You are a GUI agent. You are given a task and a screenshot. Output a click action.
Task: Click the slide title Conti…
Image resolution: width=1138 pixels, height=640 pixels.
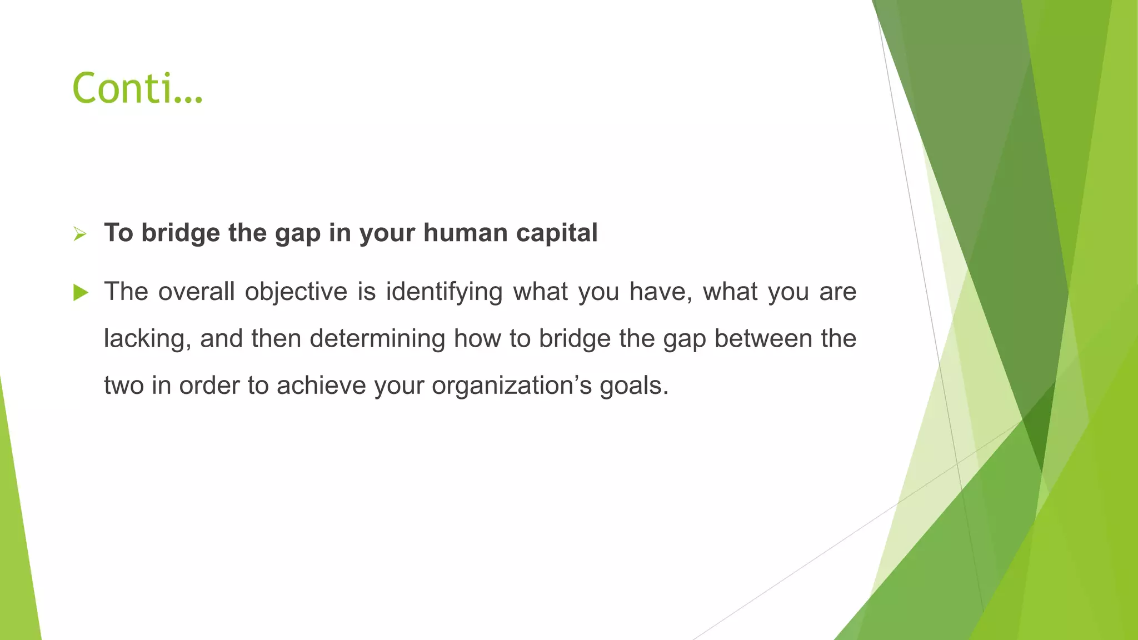pos(137,88)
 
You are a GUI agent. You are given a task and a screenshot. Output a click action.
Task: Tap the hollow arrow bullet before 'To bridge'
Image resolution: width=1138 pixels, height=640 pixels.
pos(80,234)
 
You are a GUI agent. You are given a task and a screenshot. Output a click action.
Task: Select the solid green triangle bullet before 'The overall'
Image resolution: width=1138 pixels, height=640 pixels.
pos(81,292)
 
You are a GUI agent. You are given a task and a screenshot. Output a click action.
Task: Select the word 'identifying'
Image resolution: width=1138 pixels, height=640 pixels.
pos(444,292)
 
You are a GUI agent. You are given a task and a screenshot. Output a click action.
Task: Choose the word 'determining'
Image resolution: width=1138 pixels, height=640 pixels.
pos(377,338)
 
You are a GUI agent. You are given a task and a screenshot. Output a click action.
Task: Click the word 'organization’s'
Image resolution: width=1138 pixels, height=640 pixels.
pos(512,386)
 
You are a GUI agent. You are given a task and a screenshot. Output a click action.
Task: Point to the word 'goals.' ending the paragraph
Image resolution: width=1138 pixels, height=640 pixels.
pos(633,386)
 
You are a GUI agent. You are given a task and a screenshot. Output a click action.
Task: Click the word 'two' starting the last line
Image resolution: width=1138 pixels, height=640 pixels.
pos(123,386)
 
